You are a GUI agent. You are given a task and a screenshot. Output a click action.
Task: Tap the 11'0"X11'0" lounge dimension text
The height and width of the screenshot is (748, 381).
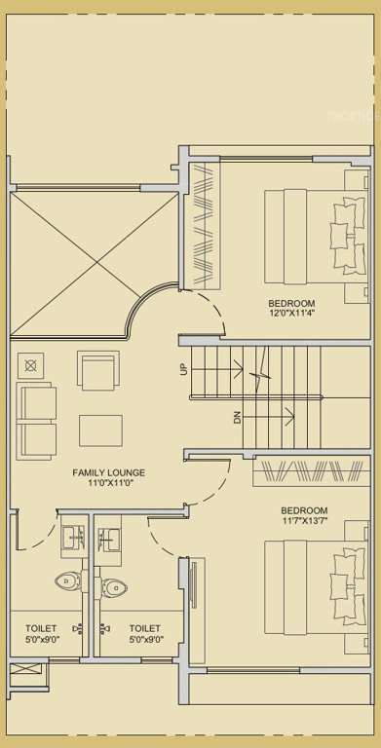click(x=102, y=482)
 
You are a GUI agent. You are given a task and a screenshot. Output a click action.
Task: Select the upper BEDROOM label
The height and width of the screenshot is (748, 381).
click(x=291, y=303)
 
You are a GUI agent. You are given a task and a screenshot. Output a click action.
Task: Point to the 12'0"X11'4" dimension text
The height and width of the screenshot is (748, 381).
click(x=291, y=314)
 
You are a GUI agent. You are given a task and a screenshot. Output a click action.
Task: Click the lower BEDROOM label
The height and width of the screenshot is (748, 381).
click(x=304, y=510)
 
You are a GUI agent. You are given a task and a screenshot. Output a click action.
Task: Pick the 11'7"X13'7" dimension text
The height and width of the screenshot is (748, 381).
click(x=304, y=522)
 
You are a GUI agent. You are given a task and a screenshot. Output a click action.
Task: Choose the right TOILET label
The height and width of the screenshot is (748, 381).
click(x=145, y=629)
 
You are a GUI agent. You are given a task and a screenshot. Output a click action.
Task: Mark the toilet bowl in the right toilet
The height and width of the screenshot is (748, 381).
click(x=115, y=586)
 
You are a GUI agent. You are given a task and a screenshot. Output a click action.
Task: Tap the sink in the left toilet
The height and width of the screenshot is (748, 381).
click(x=71, y=537)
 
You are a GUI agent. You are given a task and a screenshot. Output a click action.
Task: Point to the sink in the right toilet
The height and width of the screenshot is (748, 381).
click(x=108, y=539)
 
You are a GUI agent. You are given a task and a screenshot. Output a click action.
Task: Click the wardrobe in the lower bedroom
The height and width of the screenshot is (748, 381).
click(x=308, y=472)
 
